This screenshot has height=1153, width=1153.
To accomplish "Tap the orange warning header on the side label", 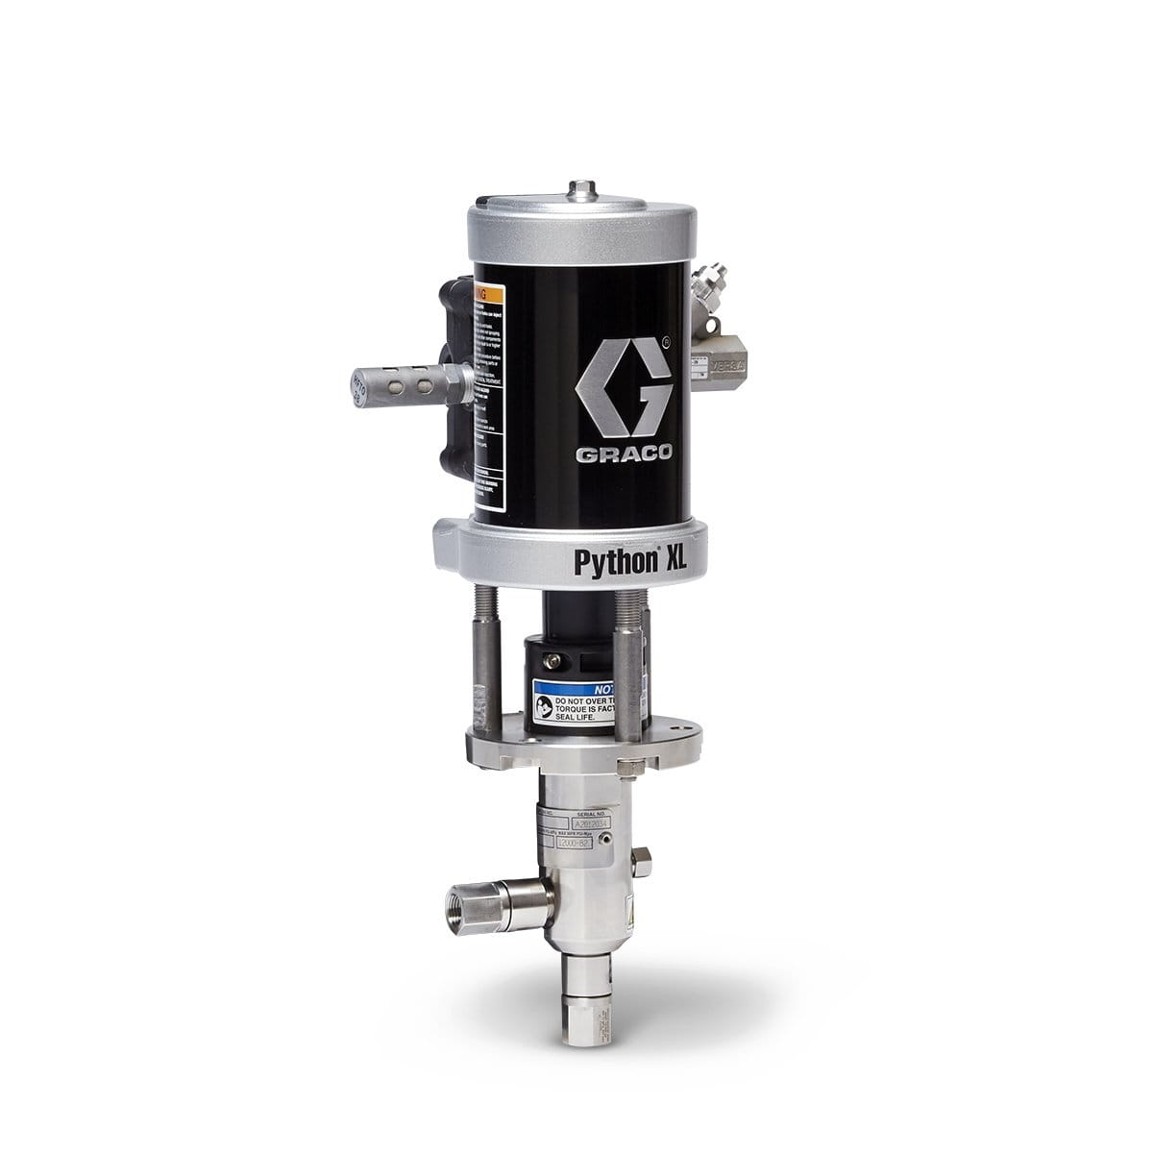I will click(x=490, y=291).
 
